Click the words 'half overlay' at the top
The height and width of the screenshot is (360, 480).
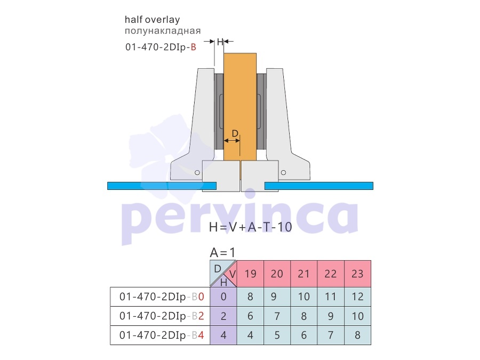(x=152, y=20)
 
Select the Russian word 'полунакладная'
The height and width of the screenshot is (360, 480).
(x=163, y=30)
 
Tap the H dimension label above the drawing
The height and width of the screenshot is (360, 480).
(x=220, y=42)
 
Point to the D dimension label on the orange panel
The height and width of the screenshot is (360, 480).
(x=235, y=133)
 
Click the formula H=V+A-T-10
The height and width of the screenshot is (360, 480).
(x=251, y=227)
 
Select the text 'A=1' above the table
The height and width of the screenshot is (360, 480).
(x=222, y=253)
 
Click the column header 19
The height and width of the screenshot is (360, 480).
(x=251, y=274)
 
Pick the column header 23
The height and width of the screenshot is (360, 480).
(x=357, y=274)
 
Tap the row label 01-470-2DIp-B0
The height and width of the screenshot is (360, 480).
(x=162, y=297)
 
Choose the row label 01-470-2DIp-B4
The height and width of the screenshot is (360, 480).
(x=162, y=335)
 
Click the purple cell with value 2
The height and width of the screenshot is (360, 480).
(x=223, y=316)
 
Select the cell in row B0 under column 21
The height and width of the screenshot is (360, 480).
(x=303, y=297)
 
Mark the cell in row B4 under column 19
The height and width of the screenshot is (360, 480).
(x=251, y=335)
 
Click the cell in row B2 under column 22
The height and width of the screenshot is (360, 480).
(x=331, y=316)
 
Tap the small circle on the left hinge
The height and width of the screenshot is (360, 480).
(x=197, y=173)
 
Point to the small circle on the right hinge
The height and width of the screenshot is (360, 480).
(x=284, y=173)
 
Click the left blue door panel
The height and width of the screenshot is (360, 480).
(x=162, y=186)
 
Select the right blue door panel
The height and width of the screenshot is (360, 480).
(x=319, y=186)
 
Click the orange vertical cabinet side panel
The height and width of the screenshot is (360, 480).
(x=240, y=107)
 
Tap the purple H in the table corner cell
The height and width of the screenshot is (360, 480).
(x=224, y=282)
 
